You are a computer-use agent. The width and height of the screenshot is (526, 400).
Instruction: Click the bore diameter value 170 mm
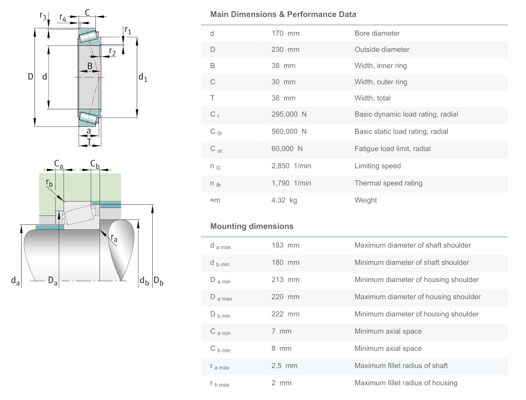coord(285,33)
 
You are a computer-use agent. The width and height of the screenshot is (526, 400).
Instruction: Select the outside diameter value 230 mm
coord(285,50)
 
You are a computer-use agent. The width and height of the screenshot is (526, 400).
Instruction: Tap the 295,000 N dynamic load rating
coord(289,114)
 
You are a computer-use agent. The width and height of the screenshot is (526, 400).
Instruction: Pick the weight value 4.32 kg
coord(284,200)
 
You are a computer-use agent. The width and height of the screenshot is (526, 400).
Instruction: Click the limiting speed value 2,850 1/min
coord(291,166)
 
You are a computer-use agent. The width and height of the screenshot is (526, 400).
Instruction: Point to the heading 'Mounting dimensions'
coord(252,226)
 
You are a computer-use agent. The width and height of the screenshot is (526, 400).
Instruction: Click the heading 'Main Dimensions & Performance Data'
coord(283,14)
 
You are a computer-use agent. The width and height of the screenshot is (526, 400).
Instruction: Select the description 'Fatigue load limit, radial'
coord(392,149)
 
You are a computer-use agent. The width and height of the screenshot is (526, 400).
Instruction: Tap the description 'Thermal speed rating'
coord(388,183)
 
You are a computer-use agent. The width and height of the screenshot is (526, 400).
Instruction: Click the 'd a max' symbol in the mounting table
coord(220,246)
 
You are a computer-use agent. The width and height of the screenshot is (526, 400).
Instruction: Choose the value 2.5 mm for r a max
coord(284,366)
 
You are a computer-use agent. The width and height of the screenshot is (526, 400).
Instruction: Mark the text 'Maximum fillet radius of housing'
coord(406,383)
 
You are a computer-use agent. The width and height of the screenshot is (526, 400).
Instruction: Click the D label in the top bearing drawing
coord(31,76)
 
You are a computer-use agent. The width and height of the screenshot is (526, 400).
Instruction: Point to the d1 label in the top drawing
coord(143,77)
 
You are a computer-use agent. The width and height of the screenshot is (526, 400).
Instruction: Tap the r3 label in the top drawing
coord(43,16)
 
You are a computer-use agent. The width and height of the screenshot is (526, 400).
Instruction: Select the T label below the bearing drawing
coord(89,142)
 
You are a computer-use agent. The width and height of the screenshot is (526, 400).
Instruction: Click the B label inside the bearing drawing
coord(90,66)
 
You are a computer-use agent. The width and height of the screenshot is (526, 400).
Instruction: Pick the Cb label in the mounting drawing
coord(95,164)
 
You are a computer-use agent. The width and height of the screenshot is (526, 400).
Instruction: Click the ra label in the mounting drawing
coord(114,238)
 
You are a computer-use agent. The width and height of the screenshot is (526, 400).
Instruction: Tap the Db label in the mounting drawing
coord(158,281)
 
